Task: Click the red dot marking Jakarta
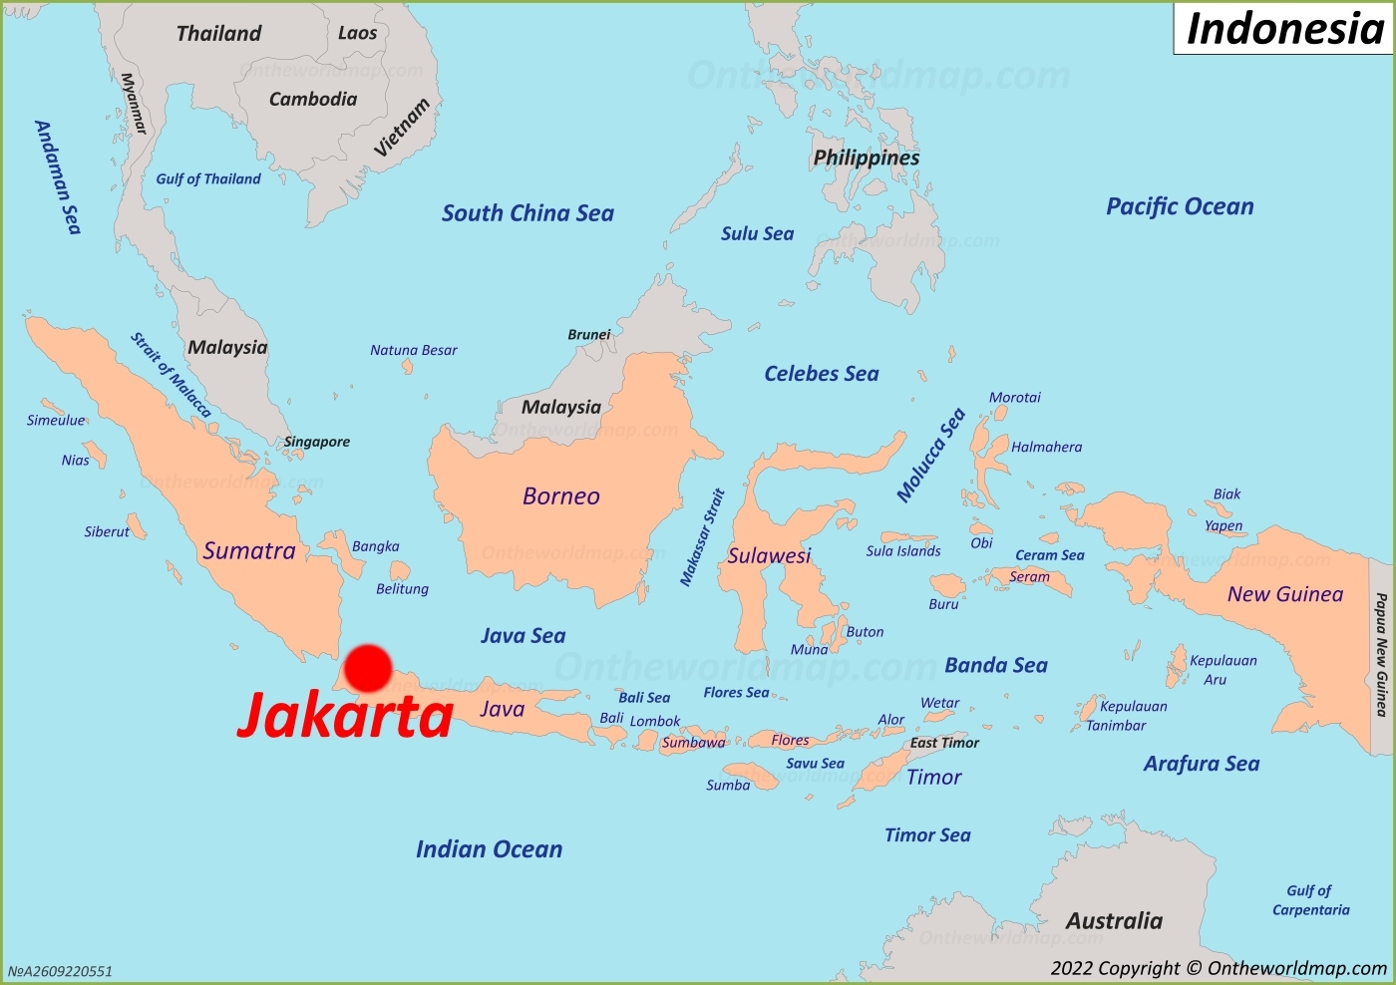(368, 668)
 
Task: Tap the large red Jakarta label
(345, 716)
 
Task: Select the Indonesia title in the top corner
(1284, 29)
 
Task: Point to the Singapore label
(317, 442)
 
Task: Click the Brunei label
(588, 335)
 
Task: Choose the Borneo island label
(560, 496)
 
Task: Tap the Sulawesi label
(769, 556)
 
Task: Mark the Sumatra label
(249, 551)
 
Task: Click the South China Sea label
(527, 213)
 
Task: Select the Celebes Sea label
(822, 374)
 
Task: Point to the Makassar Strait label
(702, 537)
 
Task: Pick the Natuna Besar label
(413, 351)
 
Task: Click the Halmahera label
(1046, 448)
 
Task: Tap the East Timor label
(944, 743)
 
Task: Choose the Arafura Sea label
(1202, 764)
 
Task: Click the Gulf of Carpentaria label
(1310, 900)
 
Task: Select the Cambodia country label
(313, 99)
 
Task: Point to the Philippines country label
(866, 158)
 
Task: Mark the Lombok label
(655, 721)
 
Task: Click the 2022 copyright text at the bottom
(1219, 968)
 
